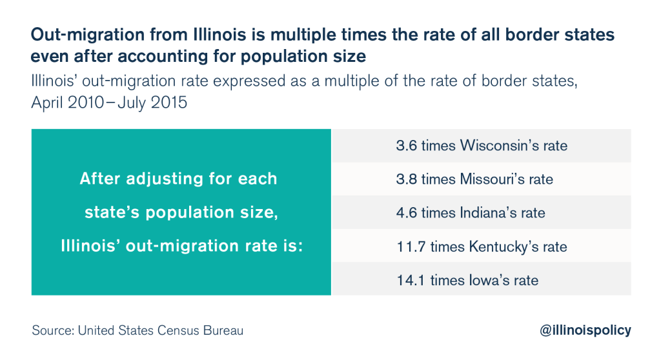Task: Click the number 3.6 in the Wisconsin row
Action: point(407,146)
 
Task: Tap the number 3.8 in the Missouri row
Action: point(407,179)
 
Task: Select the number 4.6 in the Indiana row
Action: point(407,213)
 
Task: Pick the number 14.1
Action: point(411,281)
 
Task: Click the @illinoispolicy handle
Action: point(585,330)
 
